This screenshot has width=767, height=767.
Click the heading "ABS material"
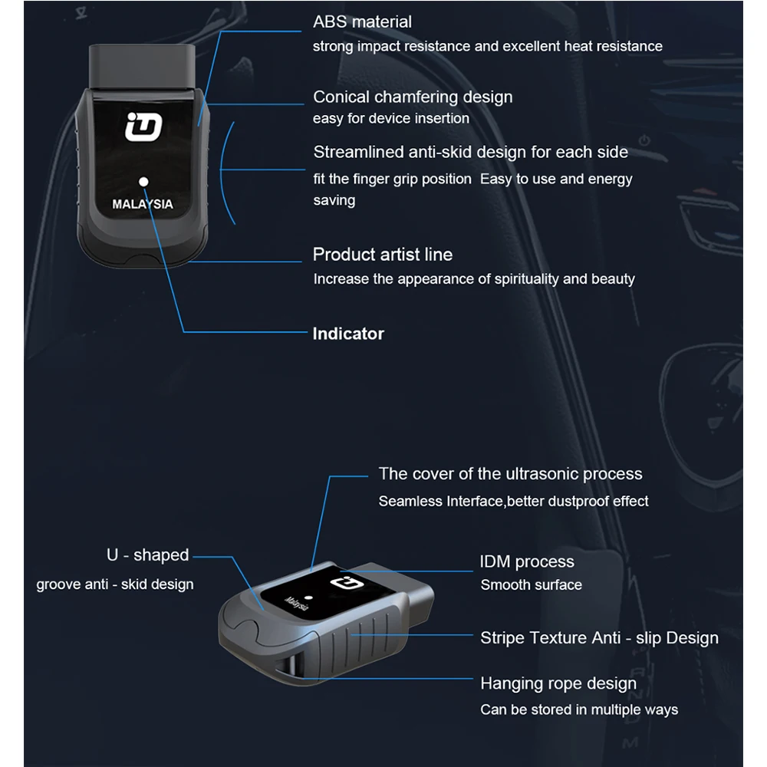coord(362,22)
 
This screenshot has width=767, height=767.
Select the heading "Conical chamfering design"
coord(413,97)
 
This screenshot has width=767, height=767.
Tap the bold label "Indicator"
coord(348,334)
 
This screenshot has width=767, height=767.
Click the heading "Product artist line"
coord(383,255)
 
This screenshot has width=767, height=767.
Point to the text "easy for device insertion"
coord(391,119)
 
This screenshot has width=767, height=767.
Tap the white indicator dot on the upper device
coord(143,181)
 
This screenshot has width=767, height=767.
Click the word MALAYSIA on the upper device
coord(143,205)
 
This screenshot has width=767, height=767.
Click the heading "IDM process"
coord(527,562)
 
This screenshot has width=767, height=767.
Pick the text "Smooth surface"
coord(532,585)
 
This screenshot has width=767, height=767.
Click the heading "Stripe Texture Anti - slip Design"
coord(599,638)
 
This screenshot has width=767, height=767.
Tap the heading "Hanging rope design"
coord(558,683)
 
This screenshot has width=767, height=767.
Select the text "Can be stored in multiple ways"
coord(579,710)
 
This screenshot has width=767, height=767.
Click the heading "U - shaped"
coord(147,555)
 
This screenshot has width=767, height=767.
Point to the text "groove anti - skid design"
coord(115,584)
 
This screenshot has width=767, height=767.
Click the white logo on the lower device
coord(341,585)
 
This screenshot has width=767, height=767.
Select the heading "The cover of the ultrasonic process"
coord(510,474)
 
